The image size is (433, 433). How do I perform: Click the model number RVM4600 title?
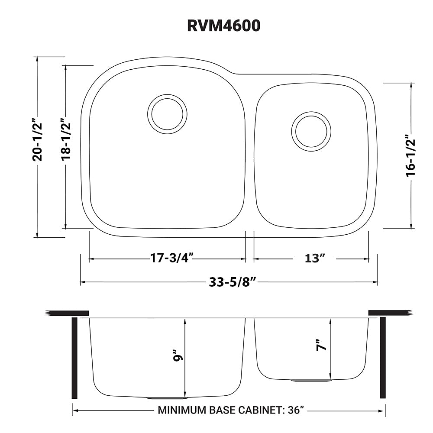(x=223, y=26)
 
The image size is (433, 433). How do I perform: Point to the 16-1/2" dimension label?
(x=410, y=156)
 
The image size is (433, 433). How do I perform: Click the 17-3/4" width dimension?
(x=171, y=259)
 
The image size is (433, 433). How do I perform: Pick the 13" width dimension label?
(x=315, y=259)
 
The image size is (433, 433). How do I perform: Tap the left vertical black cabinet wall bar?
(x=74, y=358)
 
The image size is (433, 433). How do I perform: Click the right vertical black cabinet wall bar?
(x=382, y=358)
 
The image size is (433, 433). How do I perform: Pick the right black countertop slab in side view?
(x=389, y=313)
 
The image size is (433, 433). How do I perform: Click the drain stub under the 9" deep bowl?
(x=167, y=397)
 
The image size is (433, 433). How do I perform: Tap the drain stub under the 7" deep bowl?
(x=311, y=381)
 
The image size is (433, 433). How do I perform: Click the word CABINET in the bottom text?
(x=260, y=410)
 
